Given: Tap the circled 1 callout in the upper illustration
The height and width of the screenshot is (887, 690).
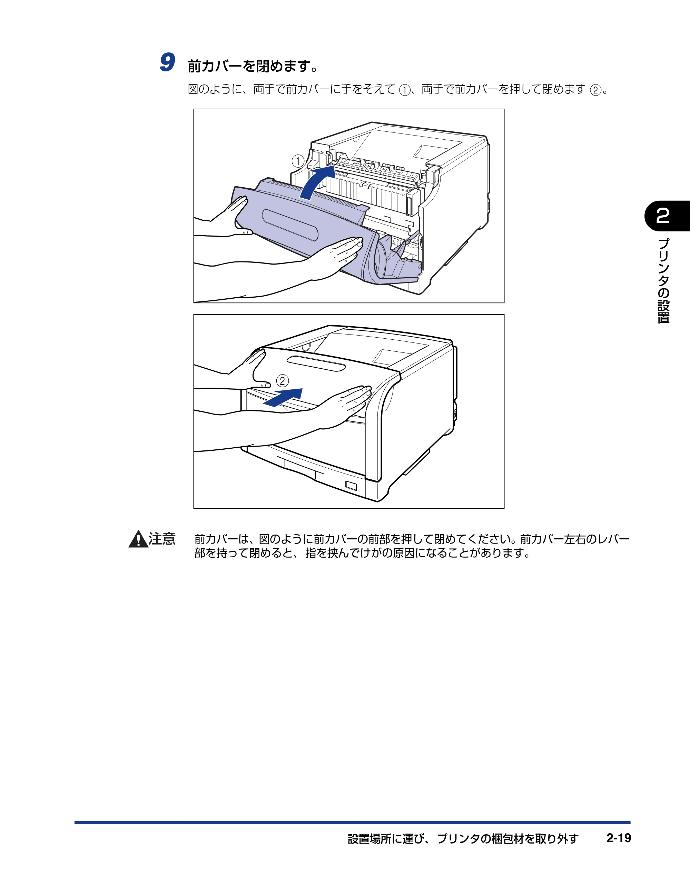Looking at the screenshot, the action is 298,161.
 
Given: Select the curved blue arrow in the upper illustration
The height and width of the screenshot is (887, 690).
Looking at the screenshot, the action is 318,182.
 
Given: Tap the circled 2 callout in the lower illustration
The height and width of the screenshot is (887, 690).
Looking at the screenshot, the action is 283,381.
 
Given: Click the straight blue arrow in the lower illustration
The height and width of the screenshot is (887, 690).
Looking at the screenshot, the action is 283,397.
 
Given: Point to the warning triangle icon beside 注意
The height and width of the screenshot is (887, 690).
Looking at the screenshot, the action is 138,539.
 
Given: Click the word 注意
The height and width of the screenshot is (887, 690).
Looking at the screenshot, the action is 162,539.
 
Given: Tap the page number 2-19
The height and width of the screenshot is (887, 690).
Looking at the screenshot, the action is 619,838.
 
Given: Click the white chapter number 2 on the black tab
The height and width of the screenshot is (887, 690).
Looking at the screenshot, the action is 663,216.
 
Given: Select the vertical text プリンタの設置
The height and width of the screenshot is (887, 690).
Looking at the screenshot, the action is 663,281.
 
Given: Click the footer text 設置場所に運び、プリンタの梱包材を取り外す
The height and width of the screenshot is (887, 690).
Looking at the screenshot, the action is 463,839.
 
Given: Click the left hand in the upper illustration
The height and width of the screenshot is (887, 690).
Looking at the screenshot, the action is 228,217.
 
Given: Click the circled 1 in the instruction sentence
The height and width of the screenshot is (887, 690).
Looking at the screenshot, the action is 405,90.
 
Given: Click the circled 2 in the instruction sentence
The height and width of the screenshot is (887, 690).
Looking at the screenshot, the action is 595,90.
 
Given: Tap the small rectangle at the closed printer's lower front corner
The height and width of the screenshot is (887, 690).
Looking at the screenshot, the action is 351,486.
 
